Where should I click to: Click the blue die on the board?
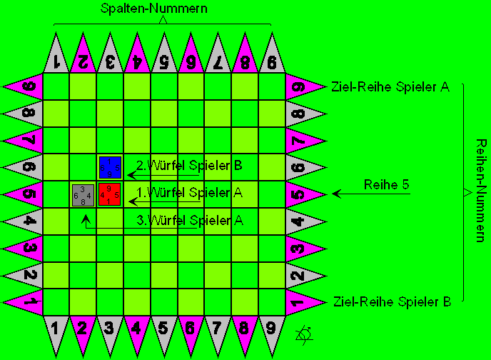pos(110,167)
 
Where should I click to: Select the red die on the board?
pos(109,194)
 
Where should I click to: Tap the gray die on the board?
pos(83,195)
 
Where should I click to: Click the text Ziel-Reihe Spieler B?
pos(392,302)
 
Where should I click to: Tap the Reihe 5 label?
pos(386,185)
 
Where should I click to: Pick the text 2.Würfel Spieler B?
pos(189,166)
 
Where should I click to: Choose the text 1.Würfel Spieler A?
pos(189,192)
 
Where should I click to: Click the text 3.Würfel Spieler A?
pos(189,220)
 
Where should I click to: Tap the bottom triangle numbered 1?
pos(56,331)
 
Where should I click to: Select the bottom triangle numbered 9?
pos(272,331)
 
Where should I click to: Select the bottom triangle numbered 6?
pos(191,331)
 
